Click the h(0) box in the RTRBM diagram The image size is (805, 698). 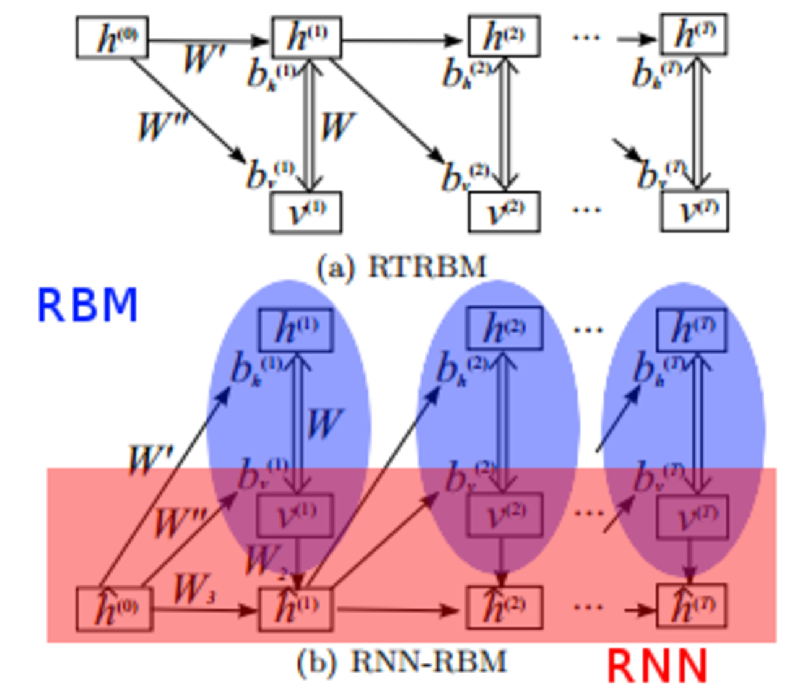tap(112, 38)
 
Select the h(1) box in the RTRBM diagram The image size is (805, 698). tap(307, 38)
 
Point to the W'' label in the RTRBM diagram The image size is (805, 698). tap(162, 127)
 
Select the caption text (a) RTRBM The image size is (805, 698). tap(402, 268)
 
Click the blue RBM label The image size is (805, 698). tap(87, 306)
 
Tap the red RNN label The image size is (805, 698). tap(657, 666)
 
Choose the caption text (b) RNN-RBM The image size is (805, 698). tap(402, 661)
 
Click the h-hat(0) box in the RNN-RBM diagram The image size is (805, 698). tap(114, 609)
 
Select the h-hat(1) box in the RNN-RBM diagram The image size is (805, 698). tap(295, 609)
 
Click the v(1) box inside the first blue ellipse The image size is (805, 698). tap(295, 515)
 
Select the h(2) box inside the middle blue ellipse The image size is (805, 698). tap(504, 328)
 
